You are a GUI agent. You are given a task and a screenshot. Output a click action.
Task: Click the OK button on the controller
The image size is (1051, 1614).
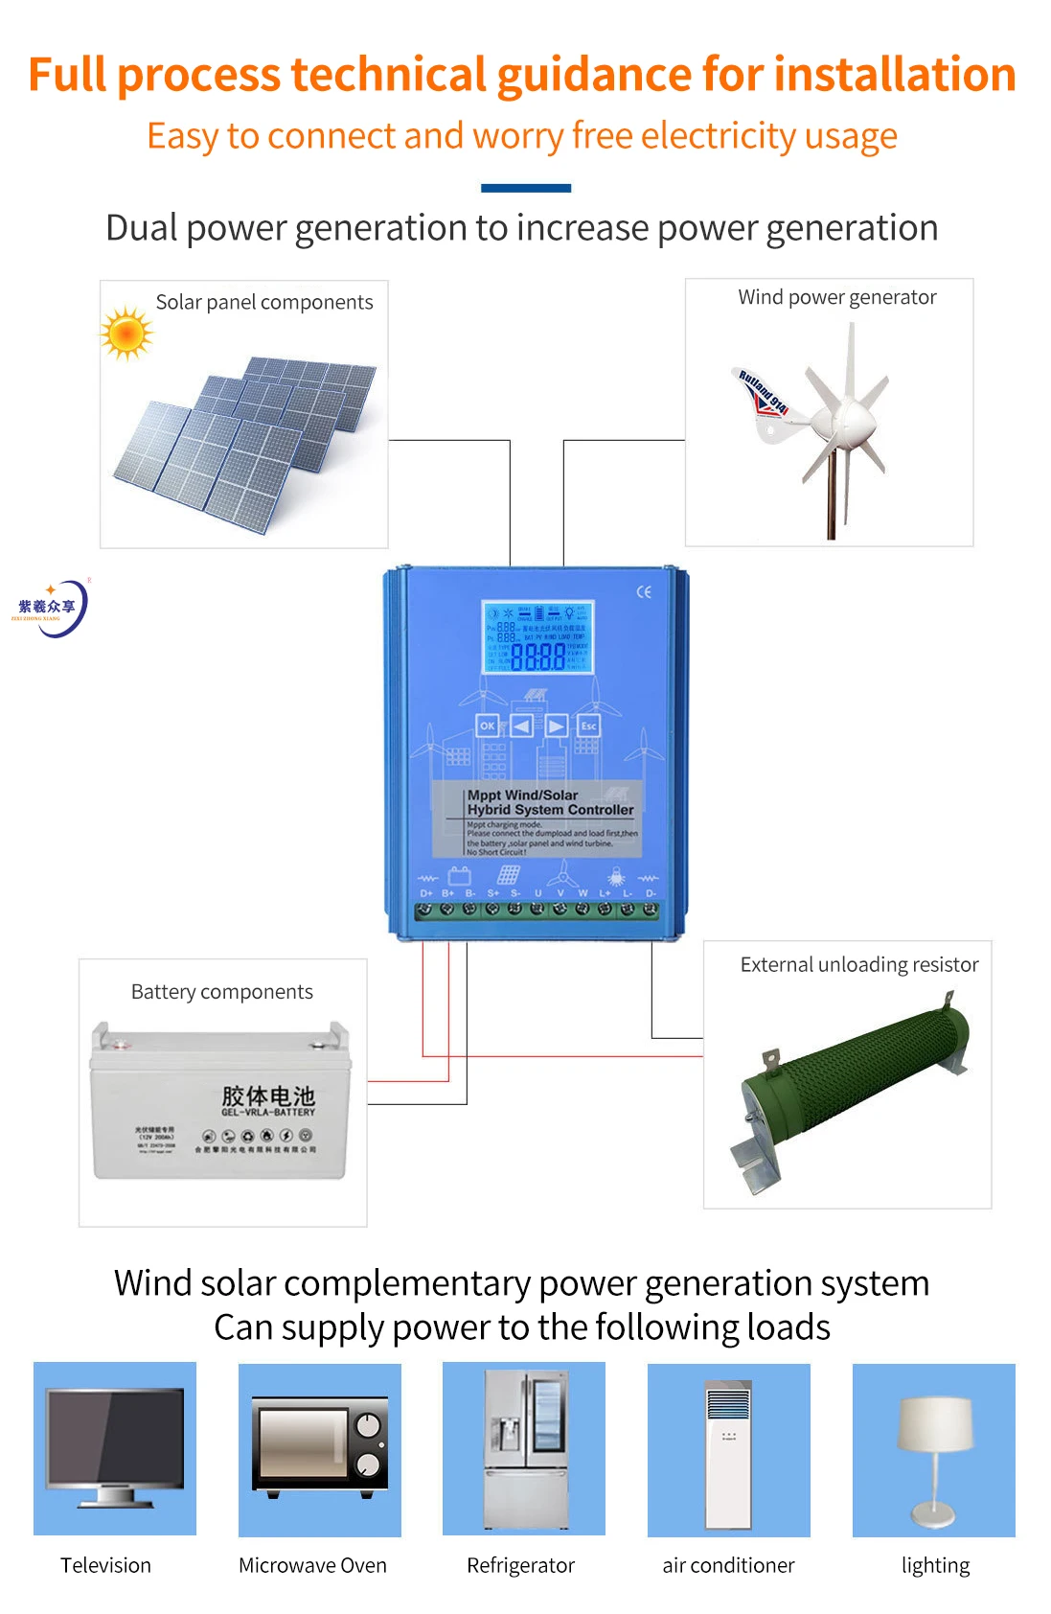pyautogui.click(x=488, y=726)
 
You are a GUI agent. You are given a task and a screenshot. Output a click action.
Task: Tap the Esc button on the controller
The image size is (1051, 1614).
pyautogui.click(x=588, y=726)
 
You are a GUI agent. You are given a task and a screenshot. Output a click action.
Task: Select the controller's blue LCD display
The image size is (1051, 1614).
pyautogui.click(x=537, y=637)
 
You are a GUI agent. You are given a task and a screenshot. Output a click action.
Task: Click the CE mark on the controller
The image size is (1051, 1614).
pyautogui.click(x=644, y=591)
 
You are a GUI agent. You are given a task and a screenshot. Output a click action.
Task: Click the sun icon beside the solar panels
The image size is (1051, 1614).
pyautogui.click(x=126, y=334)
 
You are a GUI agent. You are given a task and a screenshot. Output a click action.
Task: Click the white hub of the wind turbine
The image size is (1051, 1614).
pyautogui.click(x=848, y=419)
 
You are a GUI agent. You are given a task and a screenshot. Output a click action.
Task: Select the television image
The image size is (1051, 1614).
pyautogui.click(x=115, y=1447)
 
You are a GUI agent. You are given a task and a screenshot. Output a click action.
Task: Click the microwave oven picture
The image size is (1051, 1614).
pyautogui.click(x=320, y=1448)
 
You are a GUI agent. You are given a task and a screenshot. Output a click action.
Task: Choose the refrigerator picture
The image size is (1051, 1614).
pyautogui.click(x=524, y=1447)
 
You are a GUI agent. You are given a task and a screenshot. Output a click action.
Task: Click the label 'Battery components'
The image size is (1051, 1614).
pyautogui.click(x=222, y=992)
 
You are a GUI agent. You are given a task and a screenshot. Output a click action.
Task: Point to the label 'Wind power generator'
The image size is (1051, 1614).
pyautogui.click(x=837, y=297)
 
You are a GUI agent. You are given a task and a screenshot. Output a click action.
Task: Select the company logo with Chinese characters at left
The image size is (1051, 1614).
pyautogui.click(x=50, y=607)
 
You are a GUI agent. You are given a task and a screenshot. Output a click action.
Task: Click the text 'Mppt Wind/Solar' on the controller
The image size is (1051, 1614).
pyautogui.click(x=522, y=795)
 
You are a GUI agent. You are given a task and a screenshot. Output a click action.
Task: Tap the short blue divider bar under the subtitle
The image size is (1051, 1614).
pyautogui.click(x=526, y=188)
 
